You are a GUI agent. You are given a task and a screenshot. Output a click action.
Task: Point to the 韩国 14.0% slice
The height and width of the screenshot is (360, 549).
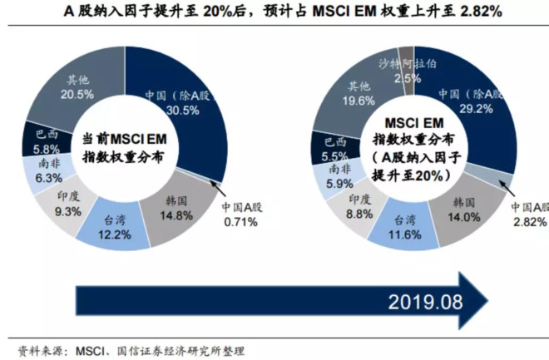pos(463,209)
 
